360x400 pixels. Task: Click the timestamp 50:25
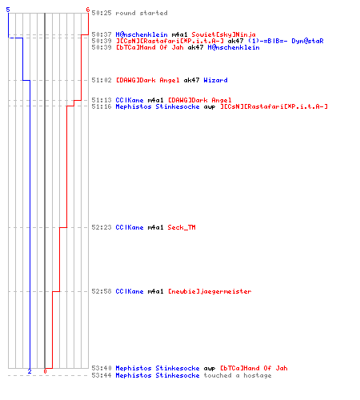pos(102,13)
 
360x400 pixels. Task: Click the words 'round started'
pos(142,13)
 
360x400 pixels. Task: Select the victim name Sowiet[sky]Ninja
pos(223,34)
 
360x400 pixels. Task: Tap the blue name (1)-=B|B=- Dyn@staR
pos(286,41)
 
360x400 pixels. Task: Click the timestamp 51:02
pos(102,80)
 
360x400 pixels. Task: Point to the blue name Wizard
pos(215,80)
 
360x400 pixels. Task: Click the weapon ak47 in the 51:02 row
pos(191,80)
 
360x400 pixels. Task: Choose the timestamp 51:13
pos(102,100)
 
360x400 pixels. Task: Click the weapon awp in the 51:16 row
pos(210,107)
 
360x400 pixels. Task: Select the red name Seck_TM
pos(182,227)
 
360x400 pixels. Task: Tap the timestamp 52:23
pos(102,227)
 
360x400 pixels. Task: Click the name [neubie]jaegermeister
pos(210,291)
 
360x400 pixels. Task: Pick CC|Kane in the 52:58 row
pos(130,291)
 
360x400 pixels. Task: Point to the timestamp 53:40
pos(102,368)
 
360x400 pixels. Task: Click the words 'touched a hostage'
pos(238,375)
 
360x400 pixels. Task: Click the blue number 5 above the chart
pos(8,10)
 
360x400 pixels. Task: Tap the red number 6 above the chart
pos(87,10)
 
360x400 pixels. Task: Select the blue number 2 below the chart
pos(30,371)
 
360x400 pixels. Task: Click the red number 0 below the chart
pos(45,371)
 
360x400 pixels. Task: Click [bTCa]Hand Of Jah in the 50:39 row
pos(150,47)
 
